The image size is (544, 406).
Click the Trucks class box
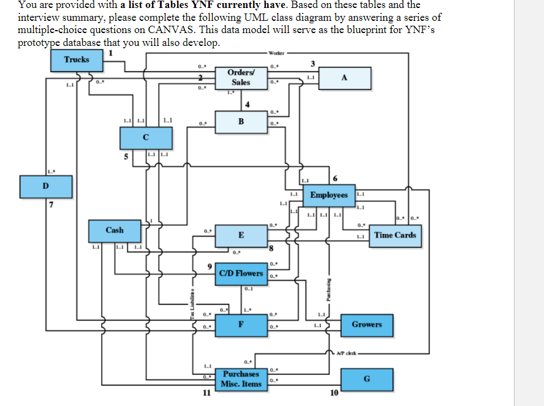tap(77, 60)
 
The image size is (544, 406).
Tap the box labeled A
tap(344, 78)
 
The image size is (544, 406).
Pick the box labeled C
tap(146, 138)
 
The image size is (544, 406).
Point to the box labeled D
tap(46, 184)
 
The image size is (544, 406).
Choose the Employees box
tap(328, 195)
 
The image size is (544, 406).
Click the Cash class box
tap(115, 231)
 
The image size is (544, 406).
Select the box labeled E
tap(241, 236)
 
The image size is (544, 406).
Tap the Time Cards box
tap(395, 235)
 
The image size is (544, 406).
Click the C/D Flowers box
tap(241, 274)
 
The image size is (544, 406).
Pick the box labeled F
tap(241, 325)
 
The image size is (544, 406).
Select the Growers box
tap(366, 325)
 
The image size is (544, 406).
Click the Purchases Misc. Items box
tap(241, 378)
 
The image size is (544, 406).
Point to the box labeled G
tap(366, 378)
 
